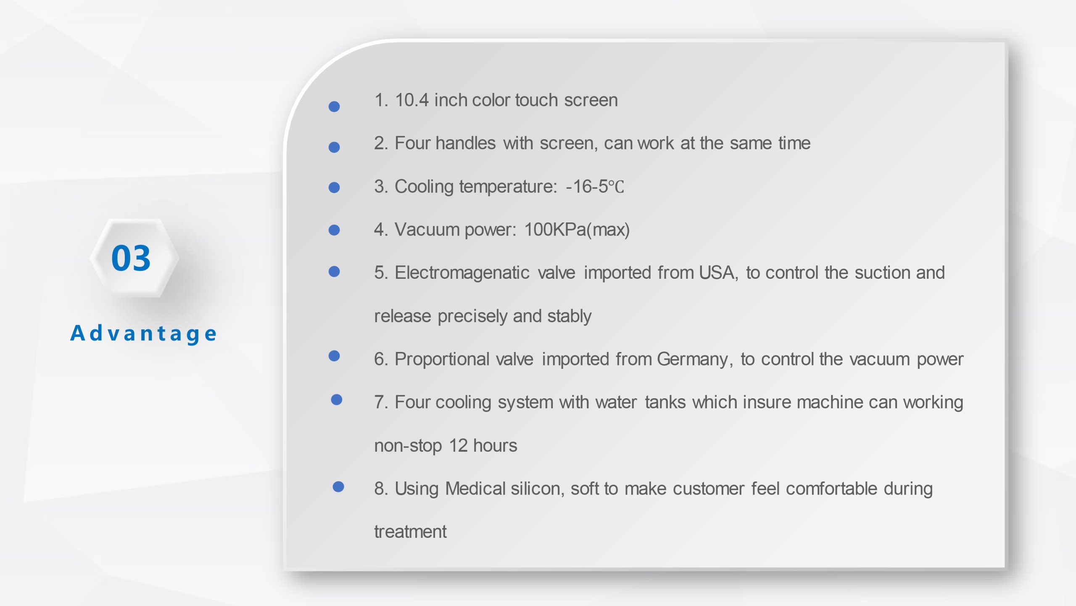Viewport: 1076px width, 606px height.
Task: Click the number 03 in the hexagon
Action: [x=131, y=258]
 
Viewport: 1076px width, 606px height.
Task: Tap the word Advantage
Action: [x=143, y=333]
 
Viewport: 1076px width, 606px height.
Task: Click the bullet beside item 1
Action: [x=334, y=106]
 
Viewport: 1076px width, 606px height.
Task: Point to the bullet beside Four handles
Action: [x=334, y=147]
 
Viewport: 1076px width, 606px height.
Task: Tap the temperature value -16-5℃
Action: [x=595, y=186]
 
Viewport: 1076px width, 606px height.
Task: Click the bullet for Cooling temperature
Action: [x=334, y=187]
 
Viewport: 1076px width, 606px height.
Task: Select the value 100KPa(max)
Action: [x=577, y=230]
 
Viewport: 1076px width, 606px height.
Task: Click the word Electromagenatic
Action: [x=462, y=273]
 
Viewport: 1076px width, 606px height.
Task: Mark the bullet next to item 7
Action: [x=337, y=400]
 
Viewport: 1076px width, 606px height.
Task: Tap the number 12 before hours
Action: [x=459, y=446]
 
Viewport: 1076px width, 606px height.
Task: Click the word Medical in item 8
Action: [x=475, y=489]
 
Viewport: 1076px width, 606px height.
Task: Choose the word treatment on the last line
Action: [x=410, y=532]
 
